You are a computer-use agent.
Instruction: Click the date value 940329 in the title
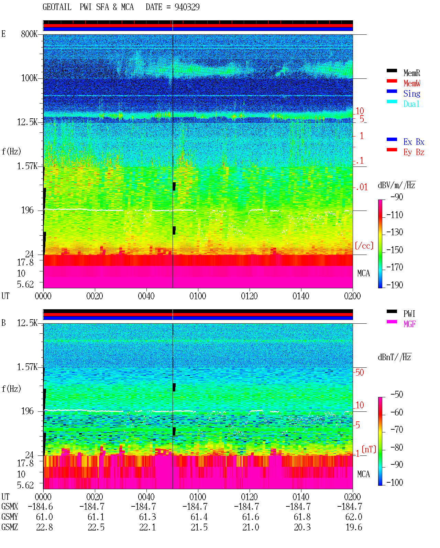(187, 7)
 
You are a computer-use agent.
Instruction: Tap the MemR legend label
(412, 73)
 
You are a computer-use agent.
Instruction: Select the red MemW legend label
(412, 83)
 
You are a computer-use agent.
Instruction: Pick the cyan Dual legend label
(411, 104)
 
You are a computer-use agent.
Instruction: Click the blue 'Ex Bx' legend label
(414, 142)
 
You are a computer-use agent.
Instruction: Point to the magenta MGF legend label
(409, 324)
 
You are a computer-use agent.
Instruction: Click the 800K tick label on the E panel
(29, 34)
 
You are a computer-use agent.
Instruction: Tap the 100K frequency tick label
(29, 78)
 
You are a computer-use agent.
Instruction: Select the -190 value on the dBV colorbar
(395, 285)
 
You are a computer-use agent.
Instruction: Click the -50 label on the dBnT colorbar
(397, 395)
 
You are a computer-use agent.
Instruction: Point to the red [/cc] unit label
(364, 246)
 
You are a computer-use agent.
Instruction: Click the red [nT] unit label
(369, 449)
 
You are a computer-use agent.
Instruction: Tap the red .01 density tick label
(362, 187)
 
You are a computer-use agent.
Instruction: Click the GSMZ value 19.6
(354, 527)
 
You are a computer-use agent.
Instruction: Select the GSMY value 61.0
(44, 517)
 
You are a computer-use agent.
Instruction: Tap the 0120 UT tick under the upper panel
(250, 296)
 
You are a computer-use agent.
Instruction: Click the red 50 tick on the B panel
(360, 373)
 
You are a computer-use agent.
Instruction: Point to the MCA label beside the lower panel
(363, 474)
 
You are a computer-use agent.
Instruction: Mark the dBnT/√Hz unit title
(395, 357)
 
